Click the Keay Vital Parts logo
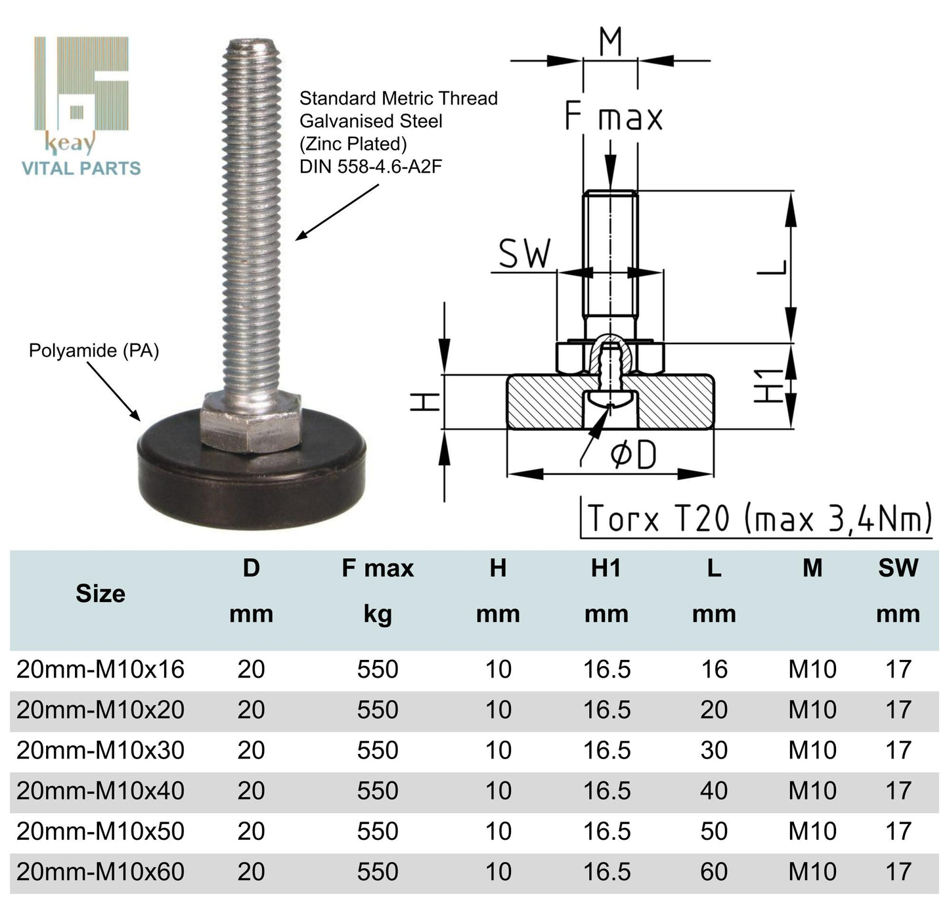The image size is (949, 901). pos(81,105)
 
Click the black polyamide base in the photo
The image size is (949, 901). pos(252,479)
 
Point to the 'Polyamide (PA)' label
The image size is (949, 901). pos(94,351)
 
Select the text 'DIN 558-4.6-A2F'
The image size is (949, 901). pos(370,167)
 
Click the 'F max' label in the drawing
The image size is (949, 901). pos(613,118)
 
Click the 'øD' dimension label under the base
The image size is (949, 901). pos(633,455)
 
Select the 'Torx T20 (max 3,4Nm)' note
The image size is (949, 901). pos(759,518)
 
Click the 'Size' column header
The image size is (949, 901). pos(100,594)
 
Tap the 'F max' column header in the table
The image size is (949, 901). pos(378,568)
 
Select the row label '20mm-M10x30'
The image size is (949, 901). pos(100,750)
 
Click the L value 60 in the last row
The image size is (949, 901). pos(714,871)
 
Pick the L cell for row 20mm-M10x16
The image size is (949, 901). pos(714,669)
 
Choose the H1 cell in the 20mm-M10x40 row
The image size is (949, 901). pos(607,791)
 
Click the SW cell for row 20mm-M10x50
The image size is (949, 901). pos(898,831)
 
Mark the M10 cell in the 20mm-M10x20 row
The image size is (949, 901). pos(812,710)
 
